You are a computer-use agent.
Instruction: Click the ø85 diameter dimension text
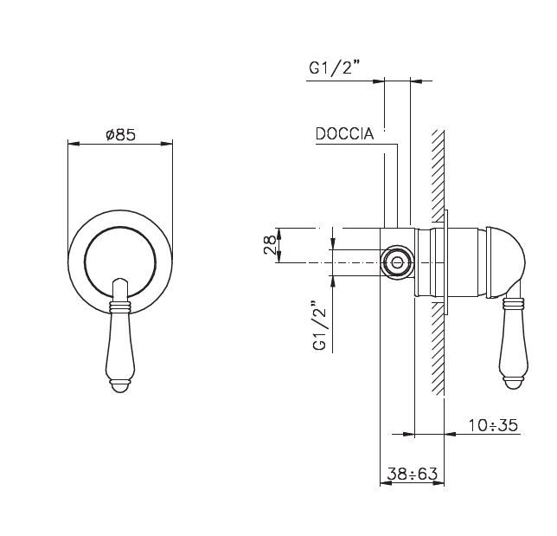pyautogui.click(x=120, y=135)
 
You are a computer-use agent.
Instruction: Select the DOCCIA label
pyautogui.click(x=344, y=134)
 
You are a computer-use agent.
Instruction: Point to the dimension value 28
pyautogui.click(x=271, y=245)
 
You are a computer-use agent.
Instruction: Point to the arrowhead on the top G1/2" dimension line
pyautogui.click(x=379, y=81)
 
